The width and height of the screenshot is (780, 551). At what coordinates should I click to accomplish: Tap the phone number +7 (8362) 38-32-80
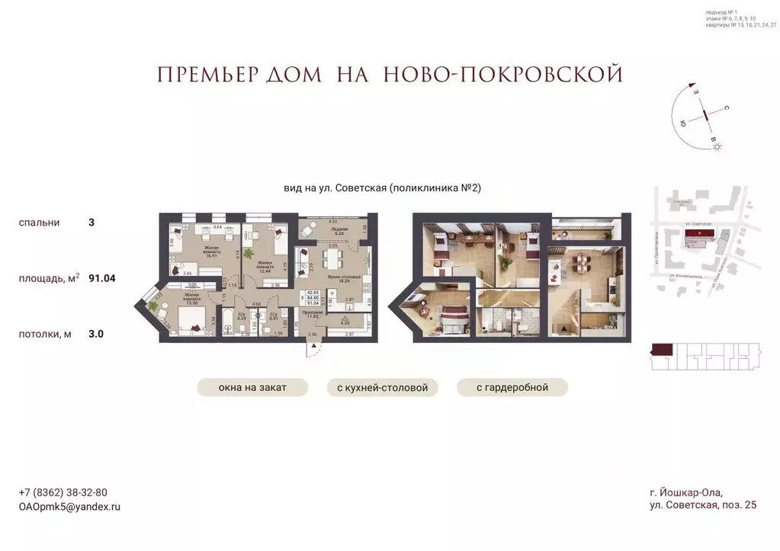coord(63,492)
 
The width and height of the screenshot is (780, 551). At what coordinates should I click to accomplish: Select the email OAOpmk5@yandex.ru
coord(69,506)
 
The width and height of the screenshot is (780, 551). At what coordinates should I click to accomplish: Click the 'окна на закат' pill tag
coord(252,388)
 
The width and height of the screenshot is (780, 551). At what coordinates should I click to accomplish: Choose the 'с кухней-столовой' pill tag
coord(382,388)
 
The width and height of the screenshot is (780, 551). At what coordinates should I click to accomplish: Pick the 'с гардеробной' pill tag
coord(512,388)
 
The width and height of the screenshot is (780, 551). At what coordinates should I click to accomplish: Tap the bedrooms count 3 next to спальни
coord(91,223)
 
